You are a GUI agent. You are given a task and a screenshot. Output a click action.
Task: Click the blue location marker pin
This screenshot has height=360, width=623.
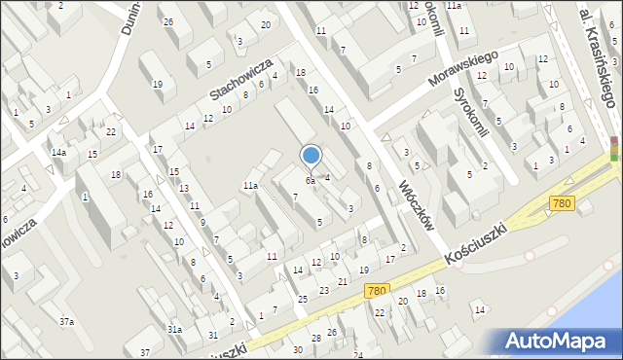[311, 156]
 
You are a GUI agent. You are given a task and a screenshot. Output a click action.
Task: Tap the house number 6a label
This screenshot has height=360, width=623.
[311, 180]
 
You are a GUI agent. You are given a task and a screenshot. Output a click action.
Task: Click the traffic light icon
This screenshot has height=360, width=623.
[614, 149]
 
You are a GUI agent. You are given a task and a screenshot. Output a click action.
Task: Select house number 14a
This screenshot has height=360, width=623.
[60, 153]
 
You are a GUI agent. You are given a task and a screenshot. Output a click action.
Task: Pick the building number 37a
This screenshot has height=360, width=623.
[66, 321]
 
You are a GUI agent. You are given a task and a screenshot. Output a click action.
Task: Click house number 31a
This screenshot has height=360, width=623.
[174, 330]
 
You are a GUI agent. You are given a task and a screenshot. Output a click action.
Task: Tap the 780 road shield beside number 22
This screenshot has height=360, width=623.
[377, 290]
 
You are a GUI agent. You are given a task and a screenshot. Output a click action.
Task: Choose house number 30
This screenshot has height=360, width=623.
[298, 349]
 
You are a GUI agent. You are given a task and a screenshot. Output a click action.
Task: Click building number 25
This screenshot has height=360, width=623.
[303, 299]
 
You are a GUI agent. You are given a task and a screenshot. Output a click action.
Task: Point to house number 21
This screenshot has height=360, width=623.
[342, 282]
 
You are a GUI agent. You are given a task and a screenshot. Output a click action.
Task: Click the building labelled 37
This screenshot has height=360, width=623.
[144, 351]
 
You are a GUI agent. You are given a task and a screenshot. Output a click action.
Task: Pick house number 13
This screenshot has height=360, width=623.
[183, 188]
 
